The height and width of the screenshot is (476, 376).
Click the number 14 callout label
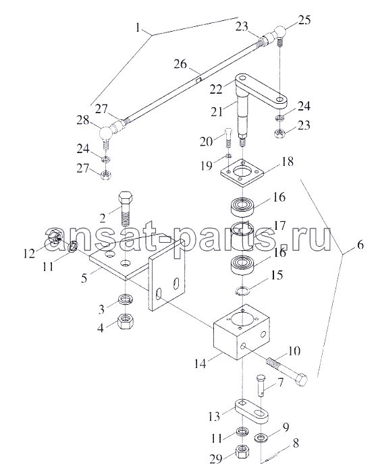(200, 363)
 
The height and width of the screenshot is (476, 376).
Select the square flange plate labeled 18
(242, 172)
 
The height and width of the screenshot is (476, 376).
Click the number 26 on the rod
(180, 64)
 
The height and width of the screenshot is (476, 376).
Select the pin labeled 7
(261, 386)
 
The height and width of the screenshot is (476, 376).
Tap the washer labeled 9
(261, 438)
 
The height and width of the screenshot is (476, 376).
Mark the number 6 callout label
(360, 244)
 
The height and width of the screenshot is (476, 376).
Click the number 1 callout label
(138, 28)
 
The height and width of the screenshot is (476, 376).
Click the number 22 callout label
(216, 89)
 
